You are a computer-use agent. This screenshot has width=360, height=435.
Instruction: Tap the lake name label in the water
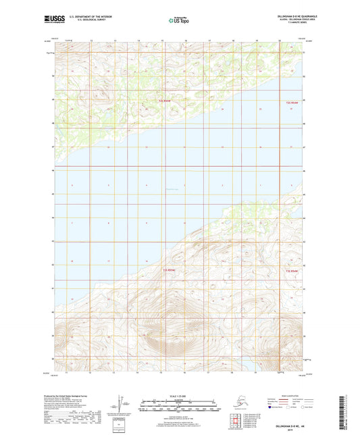(170, 189)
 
